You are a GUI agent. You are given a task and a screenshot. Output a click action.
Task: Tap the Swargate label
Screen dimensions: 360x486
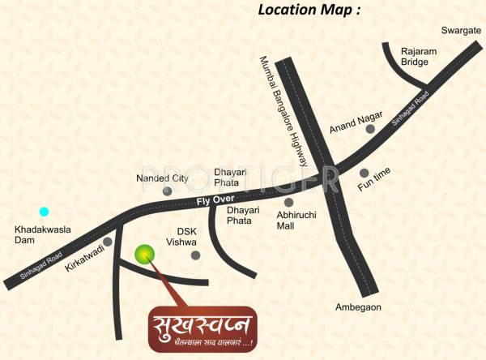click(461, 31)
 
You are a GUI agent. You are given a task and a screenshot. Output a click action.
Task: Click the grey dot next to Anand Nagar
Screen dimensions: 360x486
click(370, 128)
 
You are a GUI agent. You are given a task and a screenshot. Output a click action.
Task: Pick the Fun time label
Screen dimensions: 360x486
click(374, 187)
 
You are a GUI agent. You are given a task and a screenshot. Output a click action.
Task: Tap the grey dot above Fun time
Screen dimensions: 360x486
click(364, 173)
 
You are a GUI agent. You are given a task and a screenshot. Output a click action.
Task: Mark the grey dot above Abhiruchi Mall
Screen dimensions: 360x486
click(289, 202)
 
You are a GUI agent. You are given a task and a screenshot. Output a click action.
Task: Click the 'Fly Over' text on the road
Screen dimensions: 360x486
click(215, 200)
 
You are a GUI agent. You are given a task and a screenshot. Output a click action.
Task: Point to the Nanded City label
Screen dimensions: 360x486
click(162, 178)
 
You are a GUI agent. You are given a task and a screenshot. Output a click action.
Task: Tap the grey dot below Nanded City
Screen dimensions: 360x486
click(168, 191)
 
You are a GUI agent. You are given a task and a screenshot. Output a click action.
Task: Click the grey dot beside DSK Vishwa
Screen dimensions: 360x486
click(195, 255)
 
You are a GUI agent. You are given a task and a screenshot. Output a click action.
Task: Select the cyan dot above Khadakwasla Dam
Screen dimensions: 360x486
click(45, 212)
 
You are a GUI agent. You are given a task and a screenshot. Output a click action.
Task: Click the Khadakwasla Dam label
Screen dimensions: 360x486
click(43, 235)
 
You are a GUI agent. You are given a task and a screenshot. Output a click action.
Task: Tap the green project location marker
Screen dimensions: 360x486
click(144, 255)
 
